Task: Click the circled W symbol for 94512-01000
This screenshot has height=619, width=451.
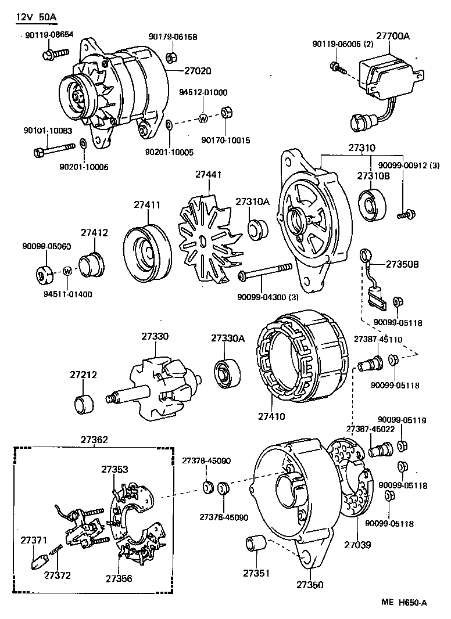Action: coord(203,118)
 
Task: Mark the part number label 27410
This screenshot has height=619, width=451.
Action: coord(272,416)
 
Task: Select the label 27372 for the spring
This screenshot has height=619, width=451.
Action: coord(58,575)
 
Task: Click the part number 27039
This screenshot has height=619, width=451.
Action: coord(357,545)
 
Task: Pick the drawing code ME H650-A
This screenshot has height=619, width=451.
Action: coord(405,602)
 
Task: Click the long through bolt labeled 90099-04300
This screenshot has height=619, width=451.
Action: coord(264,271)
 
